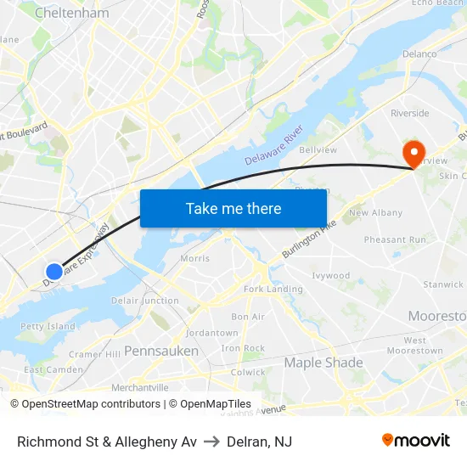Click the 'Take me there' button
[233, 209]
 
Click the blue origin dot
[53, 271]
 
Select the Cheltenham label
[73, 14]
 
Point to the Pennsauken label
[161, 351]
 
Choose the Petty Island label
[48, 326]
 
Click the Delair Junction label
[144, 301]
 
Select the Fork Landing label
[273, 290]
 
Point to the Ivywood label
[331, 276]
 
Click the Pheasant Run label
[396, 240]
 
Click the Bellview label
[318, 150]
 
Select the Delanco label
[419, 54]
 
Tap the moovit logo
[415, 440]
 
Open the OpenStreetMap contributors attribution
[86, 404]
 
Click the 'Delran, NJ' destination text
[260, 442]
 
